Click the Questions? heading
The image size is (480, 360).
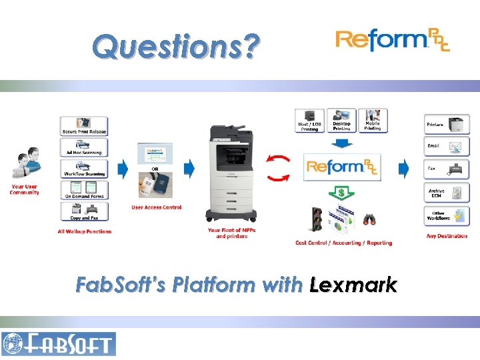click(174, 47)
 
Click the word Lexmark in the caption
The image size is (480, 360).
click(353, 285)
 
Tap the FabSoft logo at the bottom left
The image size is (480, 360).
click(59, 344)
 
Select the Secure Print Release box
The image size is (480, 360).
click(84, 126)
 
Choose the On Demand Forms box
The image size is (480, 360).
click(84, 190)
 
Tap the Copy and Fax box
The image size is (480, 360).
click(84, 212)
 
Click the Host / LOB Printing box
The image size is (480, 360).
click(310, 120)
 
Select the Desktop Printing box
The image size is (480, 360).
click(341, 120)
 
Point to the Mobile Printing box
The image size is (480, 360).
click(373, 120)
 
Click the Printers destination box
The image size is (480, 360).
click(447, 124)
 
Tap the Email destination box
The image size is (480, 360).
click(447, 146)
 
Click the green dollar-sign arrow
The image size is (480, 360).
click(341, 193)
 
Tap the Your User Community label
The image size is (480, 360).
click(24, 189)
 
